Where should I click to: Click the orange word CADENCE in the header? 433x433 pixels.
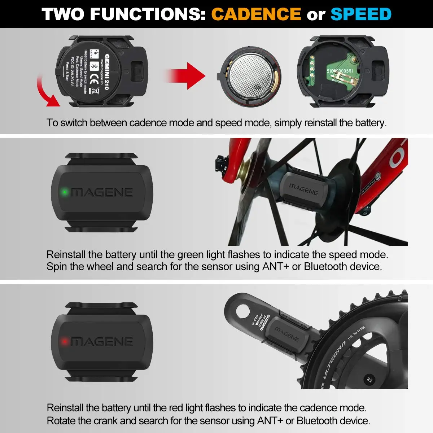256,14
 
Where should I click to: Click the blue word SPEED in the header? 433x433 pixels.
361,14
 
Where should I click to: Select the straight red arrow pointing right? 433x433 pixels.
188,76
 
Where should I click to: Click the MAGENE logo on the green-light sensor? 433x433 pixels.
102,192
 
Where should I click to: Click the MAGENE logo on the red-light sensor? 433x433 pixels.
102,341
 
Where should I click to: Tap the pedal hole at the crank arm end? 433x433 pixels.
240,310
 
